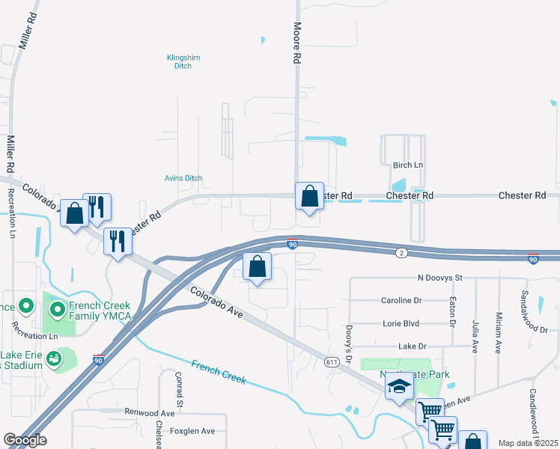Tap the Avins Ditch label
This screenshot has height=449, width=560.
183,178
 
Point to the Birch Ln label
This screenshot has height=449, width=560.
408,165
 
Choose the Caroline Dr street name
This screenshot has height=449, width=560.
401,301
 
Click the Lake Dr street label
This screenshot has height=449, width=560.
412,346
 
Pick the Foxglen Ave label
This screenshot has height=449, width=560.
192,431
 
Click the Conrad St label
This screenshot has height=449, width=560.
179,389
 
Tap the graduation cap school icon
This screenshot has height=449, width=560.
399,387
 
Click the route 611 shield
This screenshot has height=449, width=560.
332,362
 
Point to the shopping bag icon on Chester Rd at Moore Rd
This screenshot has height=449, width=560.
309,196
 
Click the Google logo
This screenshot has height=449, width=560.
25,440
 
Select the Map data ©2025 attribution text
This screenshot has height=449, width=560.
528,443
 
